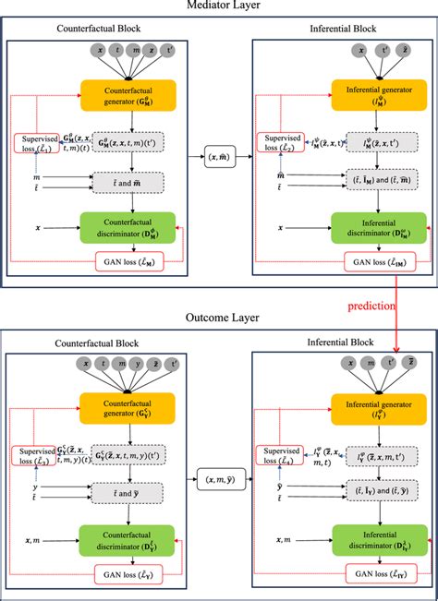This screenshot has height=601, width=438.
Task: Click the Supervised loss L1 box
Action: [x=37, y=143]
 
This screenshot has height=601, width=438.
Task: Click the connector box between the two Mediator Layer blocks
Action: [x=220, y=161]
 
